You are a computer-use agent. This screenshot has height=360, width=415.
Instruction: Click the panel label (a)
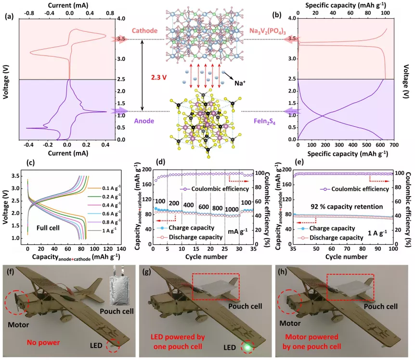point(8,16)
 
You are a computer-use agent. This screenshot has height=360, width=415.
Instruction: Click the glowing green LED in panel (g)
point(248,347)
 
